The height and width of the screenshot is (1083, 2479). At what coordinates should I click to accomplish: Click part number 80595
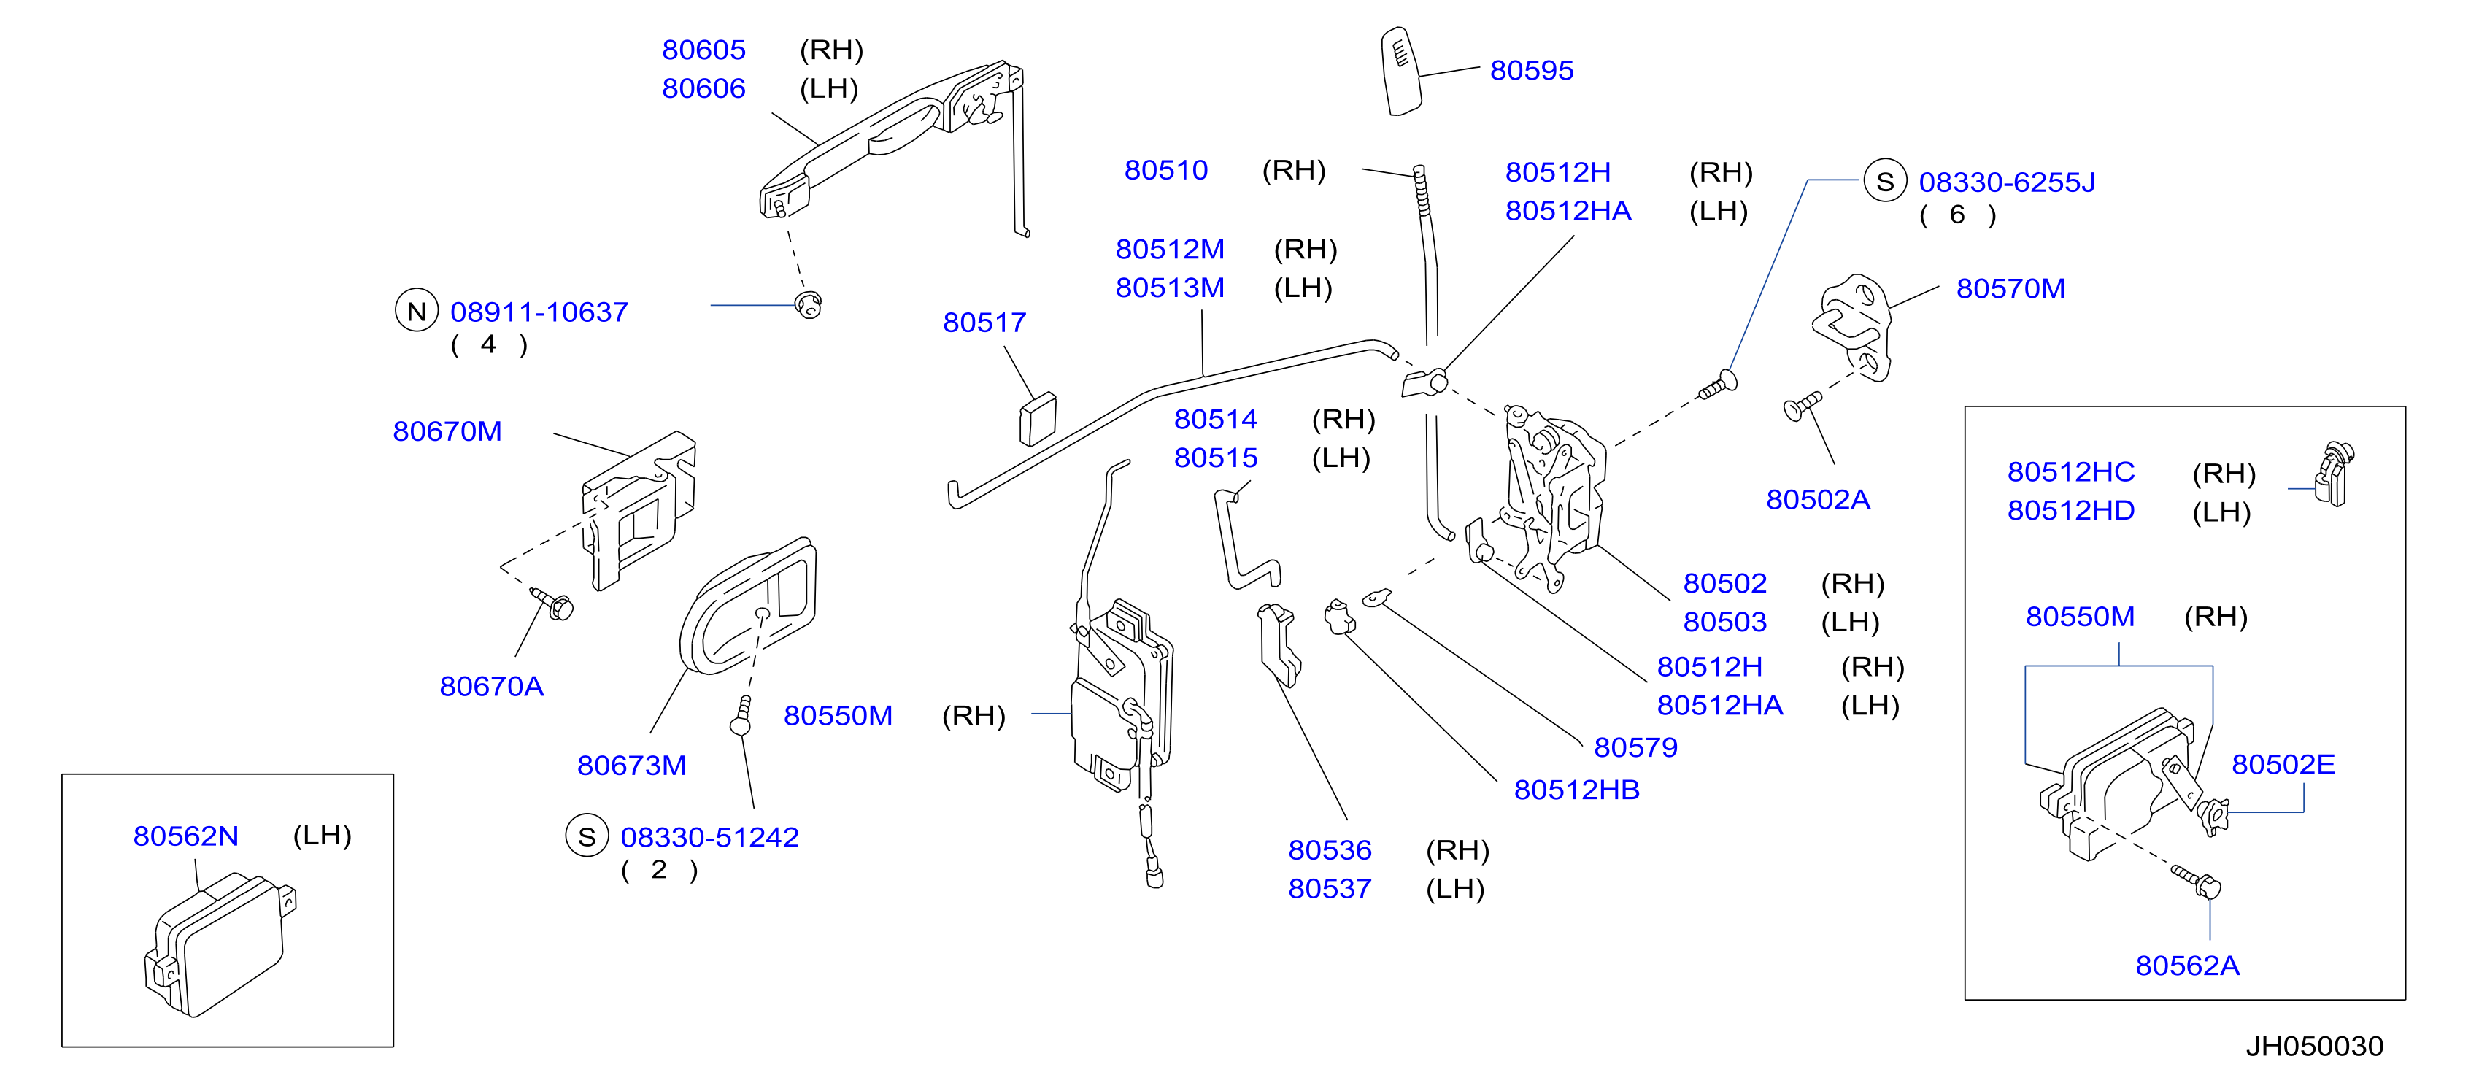tap(1531, 70)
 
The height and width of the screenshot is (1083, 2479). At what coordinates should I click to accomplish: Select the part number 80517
tap(984, 323)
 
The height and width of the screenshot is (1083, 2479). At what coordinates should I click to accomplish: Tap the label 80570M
tap(2010, 289)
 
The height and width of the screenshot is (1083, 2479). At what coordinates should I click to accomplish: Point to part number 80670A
tap(491, 687)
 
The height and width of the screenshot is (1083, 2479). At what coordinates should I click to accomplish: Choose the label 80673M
tap(631, 766)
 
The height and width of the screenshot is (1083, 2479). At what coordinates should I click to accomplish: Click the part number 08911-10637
tap(539, 312)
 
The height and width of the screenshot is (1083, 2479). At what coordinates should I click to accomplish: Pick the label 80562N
tap(186, 836)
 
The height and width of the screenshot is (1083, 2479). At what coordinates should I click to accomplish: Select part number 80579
tap(1635, 747)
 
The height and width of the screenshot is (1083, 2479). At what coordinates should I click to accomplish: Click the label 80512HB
tap(1576, 790)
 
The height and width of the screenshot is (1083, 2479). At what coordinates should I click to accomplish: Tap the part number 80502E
tap(2283, 764)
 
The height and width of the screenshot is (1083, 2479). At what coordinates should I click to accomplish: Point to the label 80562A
tap(2186, 966)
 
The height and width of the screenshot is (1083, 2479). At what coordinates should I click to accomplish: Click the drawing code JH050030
tap(2315, 1047)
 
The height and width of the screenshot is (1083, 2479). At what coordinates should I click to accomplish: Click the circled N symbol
tap(417, 311)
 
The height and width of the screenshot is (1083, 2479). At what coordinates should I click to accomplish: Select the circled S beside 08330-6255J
tap(1885, 181)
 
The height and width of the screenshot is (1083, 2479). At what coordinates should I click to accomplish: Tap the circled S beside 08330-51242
tap(587, 836)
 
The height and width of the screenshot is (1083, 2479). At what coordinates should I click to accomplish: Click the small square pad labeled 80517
tap(1038, 420)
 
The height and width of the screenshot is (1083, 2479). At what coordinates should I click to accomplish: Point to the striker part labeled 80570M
tap(1853, 327)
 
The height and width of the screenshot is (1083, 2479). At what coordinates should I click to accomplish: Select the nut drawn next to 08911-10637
tap(809, 305)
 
